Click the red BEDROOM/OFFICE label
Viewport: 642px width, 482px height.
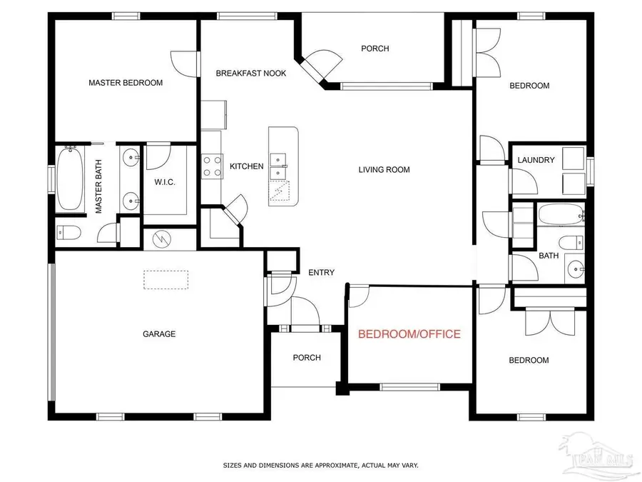(x=409, y=333)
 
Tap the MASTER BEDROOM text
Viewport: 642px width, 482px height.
(x=126, y=83)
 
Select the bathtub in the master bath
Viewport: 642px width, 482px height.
(x=68, y=178)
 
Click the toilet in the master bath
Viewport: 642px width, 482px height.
(x=67, y=232)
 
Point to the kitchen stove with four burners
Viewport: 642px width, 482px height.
(x=212, y=166)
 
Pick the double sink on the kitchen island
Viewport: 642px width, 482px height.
(x=277, y=164)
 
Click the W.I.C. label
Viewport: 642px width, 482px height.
(x=165, y=182)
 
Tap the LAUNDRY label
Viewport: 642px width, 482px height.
(x=536, y=160)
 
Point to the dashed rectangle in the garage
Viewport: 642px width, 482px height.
(x=167, y=280)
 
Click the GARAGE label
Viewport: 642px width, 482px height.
(x=159, y=333)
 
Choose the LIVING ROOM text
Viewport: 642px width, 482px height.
(x=384, y=169)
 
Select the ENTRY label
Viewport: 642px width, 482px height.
(x=321, y=272)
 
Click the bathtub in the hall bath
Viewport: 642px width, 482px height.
(x=560, y=214)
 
